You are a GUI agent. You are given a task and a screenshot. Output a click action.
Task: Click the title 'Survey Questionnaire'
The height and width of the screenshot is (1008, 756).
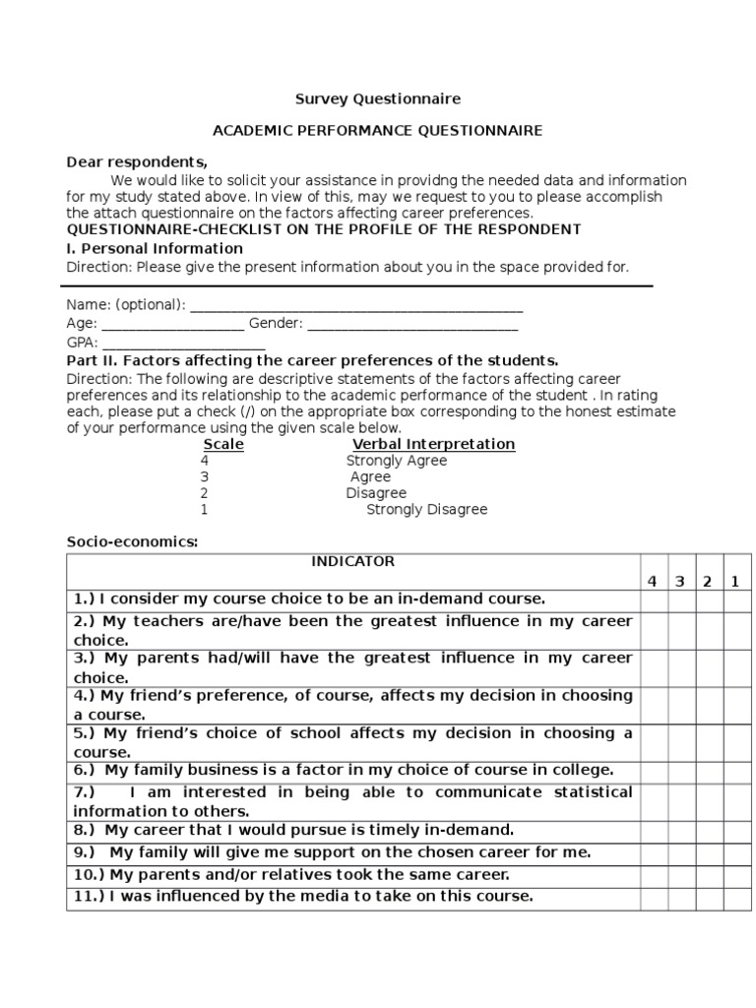(378, 99)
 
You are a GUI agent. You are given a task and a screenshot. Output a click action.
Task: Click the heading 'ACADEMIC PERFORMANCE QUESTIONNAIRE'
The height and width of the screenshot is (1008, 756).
(378, 130)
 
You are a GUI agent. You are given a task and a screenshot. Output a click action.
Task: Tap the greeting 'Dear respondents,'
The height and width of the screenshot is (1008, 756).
(137, 162)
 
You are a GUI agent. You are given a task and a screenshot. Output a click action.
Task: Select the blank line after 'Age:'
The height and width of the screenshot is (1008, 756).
(172, 325)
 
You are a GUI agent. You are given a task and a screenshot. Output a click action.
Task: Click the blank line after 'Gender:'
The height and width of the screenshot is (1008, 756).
(412, 325)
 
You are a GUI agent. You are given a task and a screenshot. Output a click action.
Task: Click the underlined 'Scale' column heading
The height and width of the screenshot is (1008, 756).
(223, 444)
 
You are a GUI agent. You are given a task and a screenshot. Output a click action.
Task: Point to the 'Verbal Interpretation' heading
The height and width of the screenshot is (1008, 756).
(434, 444)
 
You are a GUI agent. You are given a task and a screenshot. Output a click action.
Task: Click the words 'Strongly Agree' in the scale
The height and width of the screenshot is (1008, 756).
(396, 461)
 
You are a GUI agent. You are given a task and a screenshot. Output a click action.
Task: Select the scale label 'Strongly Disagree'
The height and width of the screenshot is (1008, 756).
(426, 510)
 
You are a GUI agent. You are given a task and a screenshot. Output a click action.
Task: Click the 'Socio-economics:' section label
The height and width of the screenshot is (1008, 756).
(132, 541)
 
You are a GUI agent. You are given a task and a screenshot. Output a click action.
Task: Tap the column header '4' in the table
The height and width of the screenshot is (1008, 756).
(652, 581)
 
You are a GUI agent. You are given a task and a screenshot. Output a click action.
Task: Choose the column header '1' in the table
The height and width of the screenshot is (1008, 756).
(734, 581)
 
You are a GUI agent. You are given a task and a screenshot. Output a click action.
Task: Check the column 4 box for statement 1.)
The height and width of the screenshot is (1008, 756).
(652, 599)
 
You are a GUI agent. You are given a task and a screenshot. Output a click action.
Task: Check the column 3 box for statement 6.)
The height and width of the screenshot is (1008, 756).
(679, 771)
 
